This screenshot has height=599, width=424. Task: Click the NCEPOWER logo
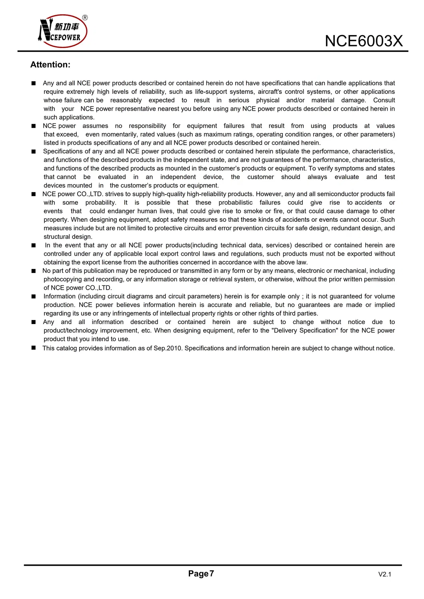[x=63, y=31]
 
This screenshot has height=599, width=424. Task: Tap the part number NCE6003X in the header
[x=363, y=41]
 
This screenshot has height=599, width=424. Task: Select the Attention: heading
[x=50, y=65]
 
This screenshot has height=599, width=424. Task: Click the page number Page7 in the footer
[x=201, y=573]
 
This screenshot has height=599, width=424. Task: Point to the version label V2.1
[x=384, y=574]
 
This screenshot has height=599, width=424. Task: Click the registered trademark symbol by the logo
[x=85, y=18]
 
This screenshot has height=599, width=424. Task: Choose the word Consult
[x=384, y=100]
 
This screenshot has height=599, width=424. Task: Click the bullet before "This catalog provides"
[x=34, y=348]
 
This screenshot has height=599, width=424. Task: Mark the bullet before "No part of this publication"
[x=34, y=271]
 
